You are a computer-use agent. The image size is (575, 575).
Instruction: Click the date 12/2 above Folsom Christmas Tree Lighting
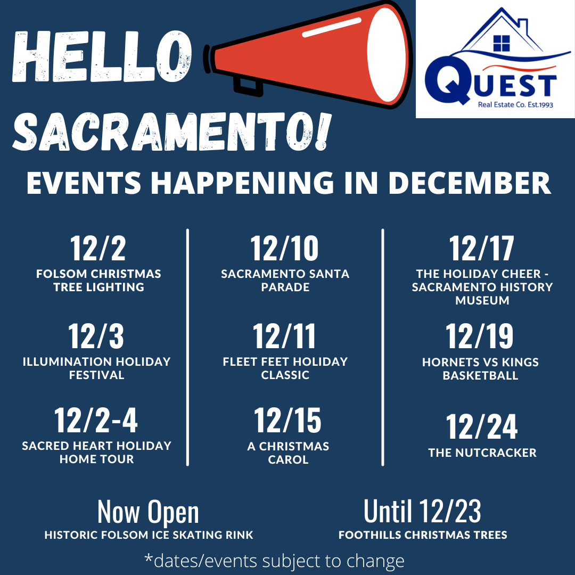[98, 248]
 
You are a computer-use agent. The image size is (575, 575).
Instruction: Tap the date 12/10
[284, 248]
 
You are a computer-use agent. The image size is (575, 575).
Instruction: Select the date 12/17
[481, 248]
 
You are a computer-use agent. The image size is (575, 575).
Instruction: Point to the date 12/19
[480, 336]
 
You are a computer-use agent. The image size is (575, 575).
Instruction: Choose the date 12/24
[482, 426]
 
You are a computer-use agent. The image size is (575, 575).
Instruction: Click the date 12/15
[287, 420]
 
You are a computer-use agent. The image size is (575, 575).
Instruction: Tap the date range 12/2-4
[96, 420]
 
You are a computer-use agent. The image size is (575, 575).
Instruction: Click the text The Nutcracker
[482, 453]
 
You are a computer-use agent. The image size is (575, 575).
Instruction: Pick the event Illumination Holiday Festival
[97, 368]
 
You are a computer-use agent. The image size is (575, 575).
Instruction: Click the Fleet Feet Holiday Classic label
[285, 368]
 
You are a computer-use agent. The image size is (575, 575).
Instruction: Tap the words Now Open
[148, 512]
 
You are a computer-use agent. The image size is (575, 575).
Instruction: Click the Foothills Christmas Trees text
[423, 535]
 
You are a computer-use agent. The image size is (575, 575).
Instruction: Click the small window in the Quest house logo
[502, 43]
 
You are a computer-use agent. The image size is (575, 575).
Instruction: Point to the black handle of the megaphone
[248, 87]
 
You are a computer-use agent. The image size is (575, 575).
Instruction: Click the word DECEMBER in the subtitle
[470, 183]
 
